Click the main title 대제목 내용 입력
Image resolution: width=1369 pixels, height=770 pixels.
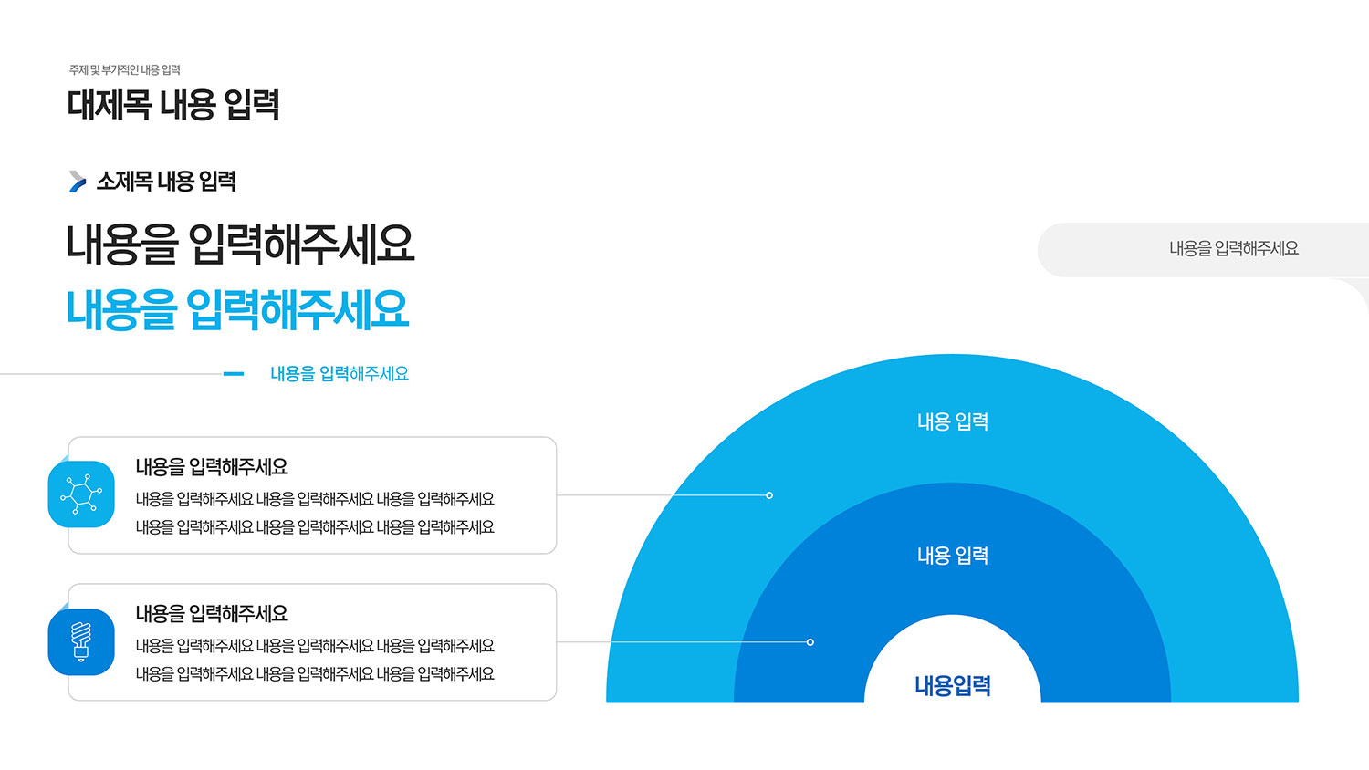click(x=173, y=105)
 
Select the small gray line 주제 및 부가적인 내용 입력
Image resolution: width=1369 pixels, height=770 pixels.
click(x=125, y=69)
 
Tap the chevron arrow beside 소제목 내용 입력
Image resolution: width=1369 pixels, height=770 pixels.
click(x=78, y=182)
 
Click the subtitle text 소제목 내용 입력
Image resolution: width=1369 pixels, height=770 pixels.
click(x=166, y=182)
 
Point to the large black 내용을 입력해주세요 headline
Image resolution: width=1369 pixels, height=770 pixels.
click(x=240, y=245)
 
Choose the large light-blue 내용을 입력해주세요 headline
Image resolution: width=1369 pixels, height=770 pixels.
click(x=237, y=310)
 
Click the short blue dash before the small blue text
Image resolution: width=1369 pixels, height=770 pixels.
click(x=234, y=373)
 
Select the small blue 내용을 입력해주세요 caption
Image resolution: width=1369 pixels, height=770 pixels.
click(x=340, y=373)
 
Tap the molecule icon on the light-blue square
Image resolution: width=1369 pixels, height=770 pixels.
click(x=81, y=494)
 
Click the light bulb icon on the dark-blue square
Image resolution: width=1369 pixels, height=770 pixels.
click(x=81, y=641)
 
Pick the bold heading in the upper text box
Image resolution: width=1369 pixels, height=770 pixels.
click(x=212, y=467)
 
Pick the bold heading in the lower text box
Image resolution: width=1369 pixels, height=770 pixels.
click(x=212, y=614)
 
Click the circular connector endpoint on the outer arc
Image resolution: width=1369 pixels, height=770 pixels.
click(x=769, y=495)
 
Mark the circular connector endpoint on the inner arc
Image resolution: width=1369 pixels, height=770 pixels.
click(x=810, y=641)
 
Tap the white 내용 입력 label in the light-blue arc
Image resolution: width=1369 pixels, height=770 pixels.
click(x=953, y=421)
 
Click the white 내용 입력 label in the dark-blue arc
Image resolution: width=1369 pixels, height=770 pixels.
click(x=953, y=556)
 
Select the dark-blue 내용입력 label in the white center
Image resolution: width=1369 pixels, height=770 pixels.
click(x=953, y=686)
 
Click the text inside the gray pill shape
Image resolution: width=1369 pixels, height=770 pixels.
click(x=1234, y=249)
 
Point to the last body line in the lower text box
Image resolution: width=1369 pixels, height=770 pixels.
click(x=315, y=674)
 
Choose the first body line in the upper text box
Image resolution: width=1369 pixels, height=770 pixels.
click(x=315, y=499)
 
